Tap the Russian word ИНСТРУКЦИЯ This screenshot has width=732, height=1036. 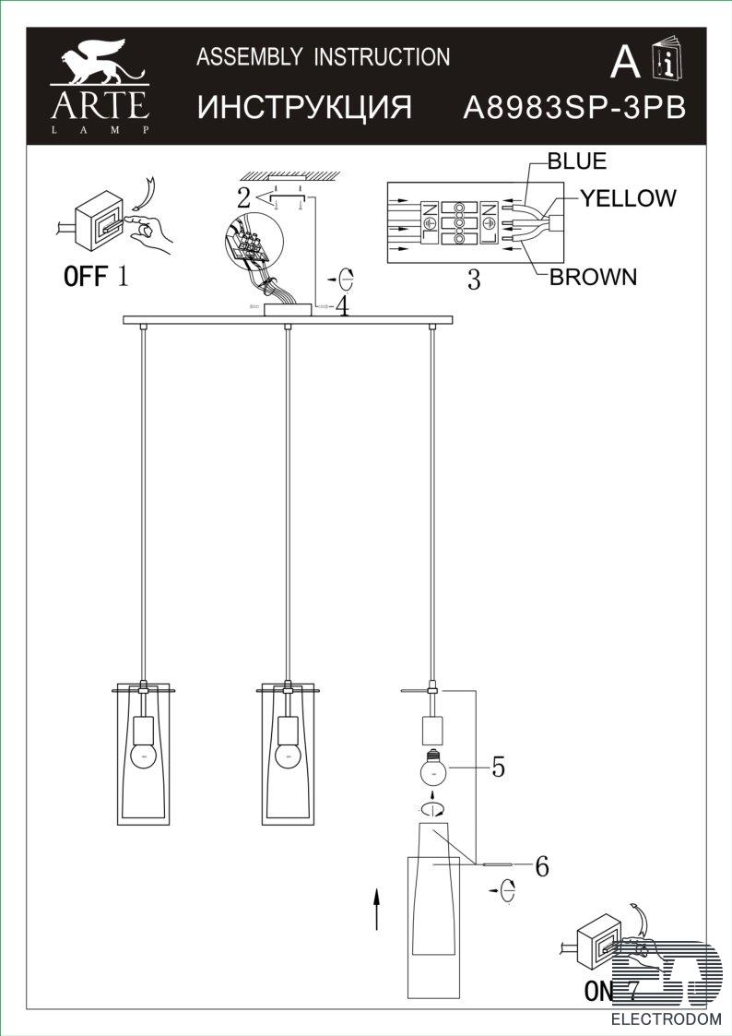coord(304,106)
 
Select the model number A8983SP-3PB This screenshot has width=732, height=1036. coord(574,107)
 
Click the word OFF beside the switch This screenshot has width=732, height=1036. coord(85,276)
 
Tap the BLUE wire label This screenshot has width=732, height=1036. coord(577,161)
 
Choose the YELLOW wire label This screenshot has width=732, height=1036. coord(628,197)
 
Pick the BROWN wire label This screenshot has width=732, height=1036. coord(593,277)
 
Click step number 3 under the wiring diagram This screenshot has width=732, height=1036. coord(474,280)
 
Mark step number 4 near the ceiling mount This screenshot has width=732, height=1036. coord(341,305)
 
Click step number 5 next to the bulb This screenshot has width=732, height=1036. coord(499,768)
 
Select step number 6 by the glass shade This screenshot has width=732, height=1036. coord(542,865)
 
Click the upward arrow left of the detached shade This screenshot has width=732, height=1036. coord(376,909)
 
